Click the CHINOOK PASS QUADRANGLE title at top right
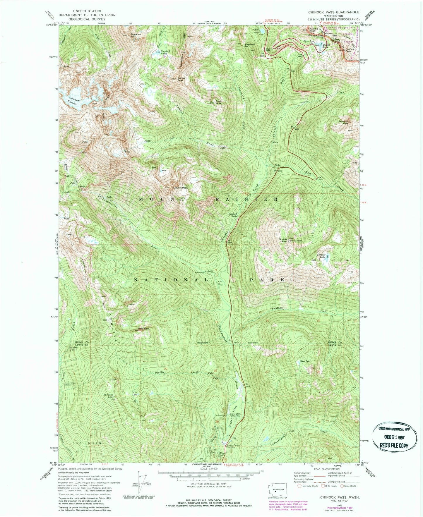coord(333,12)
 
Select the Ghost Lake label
coord(256,30)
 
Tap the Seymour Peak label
coord(344,122)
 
